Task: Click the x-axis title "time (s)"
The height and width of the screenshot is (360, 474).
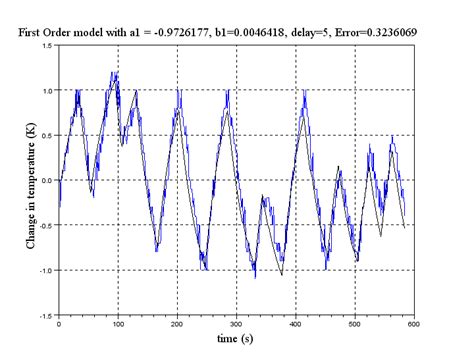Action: pos(235,340)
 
